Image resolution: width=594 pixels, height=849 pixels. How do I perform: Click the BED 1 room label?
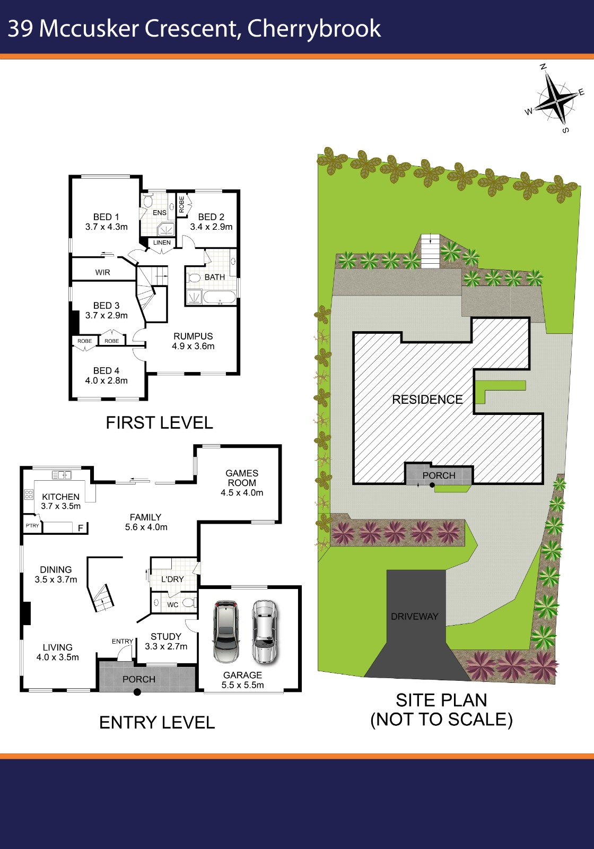pyautogui.click(x=106, y=217)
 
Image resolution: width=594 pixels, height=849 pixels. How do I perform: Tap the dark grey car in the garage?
pyautogui.click(x=226, y=631)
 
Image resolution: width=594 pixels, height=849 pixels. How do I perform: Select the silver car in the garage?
pyautogui.click(x=264, y=631)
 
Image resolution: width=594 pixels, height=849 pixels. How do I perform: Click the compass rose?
pyautogui.click(x=557, y=98)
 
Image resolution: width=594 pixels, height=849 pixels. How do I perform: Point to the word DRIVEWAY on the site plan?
pyautogui.click(x=414, y=617)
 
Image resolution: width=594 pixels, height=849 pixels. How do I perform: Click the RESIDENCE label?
pyautogui.click(x=427, y=400)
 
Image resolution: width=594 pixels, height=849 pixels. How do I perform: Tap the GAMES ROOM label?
pyautogui.click(x=242, y=478)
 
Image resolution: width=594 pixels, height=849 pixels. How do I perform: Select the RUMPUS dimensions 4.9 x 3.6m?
pyautogui.click(x=193, y=346)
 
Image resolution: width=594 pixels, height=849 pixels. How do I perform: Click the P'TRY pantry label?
pyautogui.click(x=32, y=526)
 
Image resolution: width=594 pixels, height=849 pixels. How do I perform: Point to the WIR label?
pyautogui.click(x=103, y=272)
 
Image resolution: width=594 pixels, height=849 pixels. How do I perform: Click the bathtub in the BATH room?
pyautogui.click(x=220, y=297)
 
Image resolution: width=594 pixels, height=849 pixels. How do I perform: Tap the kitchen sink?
pyautogui.click(x=62, y=475)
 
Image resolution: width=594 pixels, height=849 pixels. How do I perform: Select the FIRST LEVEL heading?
pyautogui.click(x=159, y=423)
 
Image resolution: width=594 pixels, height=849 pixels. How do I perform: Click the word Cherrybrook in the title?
pyautogui.click(x=314, y=29)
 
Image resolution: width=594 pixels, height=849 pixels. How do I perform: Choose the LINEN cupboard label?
pyautogui.click(x=162, y=242)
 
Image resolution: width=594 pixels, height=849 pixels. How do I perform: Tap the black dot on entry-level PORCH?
pyautogui.click(x=137, y=692)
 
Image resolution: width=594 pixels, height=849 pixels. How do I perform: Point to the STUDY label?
pyautogui.click(x=166, y=636)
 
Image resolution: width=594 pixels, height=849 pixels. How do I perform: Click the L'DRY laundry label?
pyautogui.click(x=172, y=579)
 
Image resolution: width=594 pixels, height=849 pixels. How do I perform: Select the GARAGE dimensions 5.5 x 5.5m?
pyautogui.click(x=242, y=685)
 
